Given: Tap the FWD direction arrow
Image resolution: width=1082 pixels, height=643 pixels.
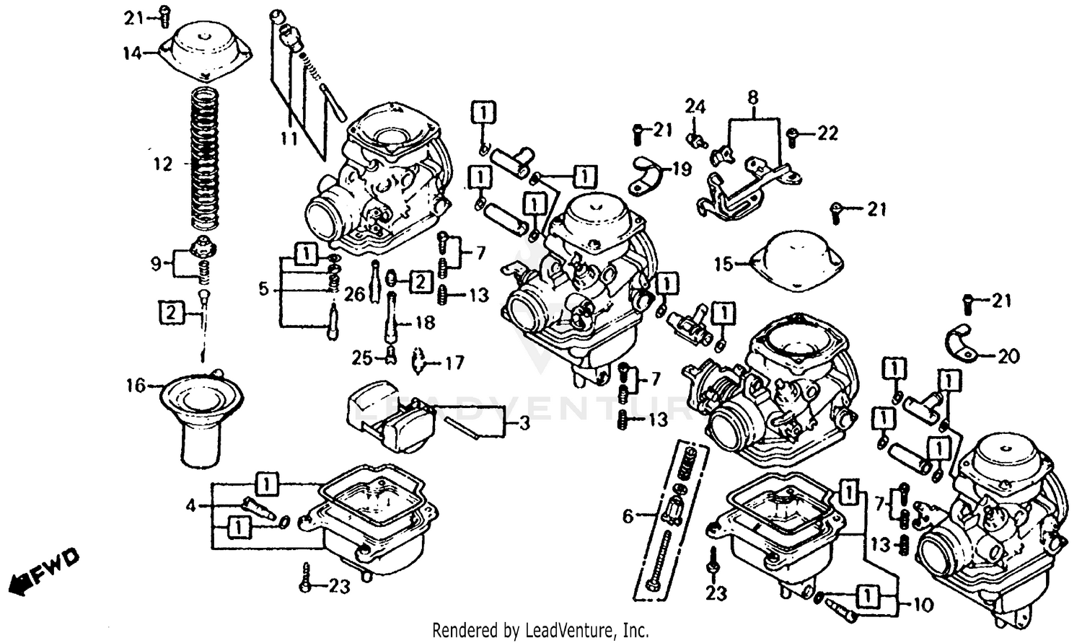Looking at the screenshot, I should pyautogui.click(x=43, y=569).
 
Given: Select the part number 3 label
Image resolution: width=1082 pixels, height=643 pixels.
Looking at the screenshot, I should pyautogui.click(x=524, y=423).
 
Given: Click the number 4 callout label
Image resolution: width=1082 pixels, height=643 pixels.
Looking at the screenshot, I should pyautogui.click(x=190, y=506).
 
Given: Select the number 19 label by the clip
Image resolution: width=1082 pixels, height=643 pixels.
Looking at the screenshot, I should pyautogui.click(x=681, y=169).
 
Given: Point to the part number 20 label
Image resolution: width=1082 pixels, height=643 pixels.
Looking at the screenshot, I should pyautogui.click(x=1008, y=356).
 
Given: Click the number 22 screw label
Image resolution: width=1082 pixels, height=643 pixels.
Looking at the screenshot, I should pyautogui.click(x=828, y=133).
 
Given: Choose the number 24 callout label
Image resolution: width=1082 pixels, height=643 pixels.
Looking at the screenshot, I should pyautogui.click(x=695, y=107).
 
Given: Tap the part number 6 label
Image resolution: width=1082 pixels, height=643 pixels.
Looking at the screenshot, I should pyautogui.click(x=628, y=516).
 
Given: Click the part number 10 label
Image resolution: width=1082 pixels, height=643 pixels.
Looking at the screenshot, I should pyautogui.click(x=923, y=604).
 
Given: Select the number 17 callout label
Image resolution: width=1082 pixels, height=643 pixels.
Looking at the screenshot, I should pyautogui.click(x=454, y=362).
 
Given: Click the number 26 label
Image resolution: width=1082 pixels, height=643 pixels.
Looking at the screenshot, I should pyautogui.click(x=354, y=294).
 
